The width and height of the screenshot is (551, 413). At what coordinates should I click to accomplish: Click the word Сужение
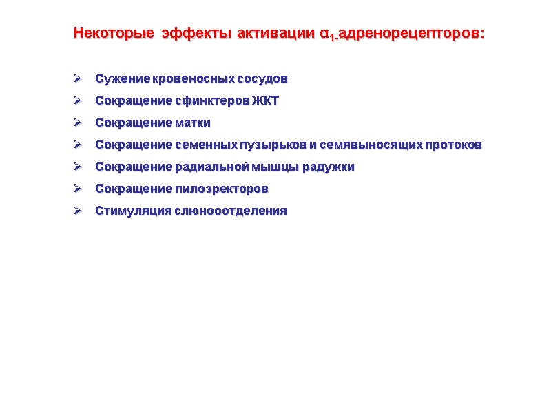(x=116, y=78)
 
